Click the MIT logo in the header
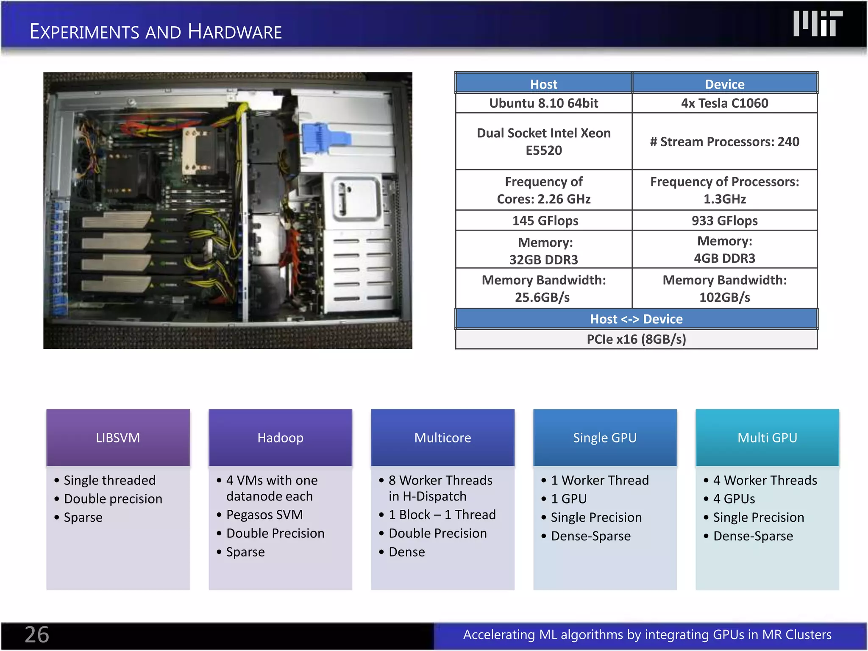coord(817,24)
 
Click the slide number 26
coord(37,634)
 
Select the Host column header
coord(543,84)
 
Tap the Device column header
coord(724,84)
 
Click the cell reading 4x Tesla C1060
coord(724,103)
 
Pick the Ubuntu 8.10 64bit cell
coord(543,103)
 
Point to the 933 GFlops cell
coord(724,220)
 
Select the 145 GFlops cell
coord(545,220)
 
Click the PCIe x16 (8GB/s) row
coord(636,339)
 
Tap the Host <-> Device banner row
coord(636,319)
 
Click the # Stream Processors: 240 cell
coord(724,142)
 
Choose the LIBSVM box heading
coord(118,437)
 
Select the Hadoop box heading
coord(280,437)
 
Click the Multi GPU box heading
coord(767,437)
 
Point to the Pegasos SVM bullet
coord(264,515)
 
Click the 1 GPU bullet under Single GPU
coord(569,499)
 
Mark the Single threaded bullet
coord(109,480)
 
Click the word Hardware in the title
coord(235,32)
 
